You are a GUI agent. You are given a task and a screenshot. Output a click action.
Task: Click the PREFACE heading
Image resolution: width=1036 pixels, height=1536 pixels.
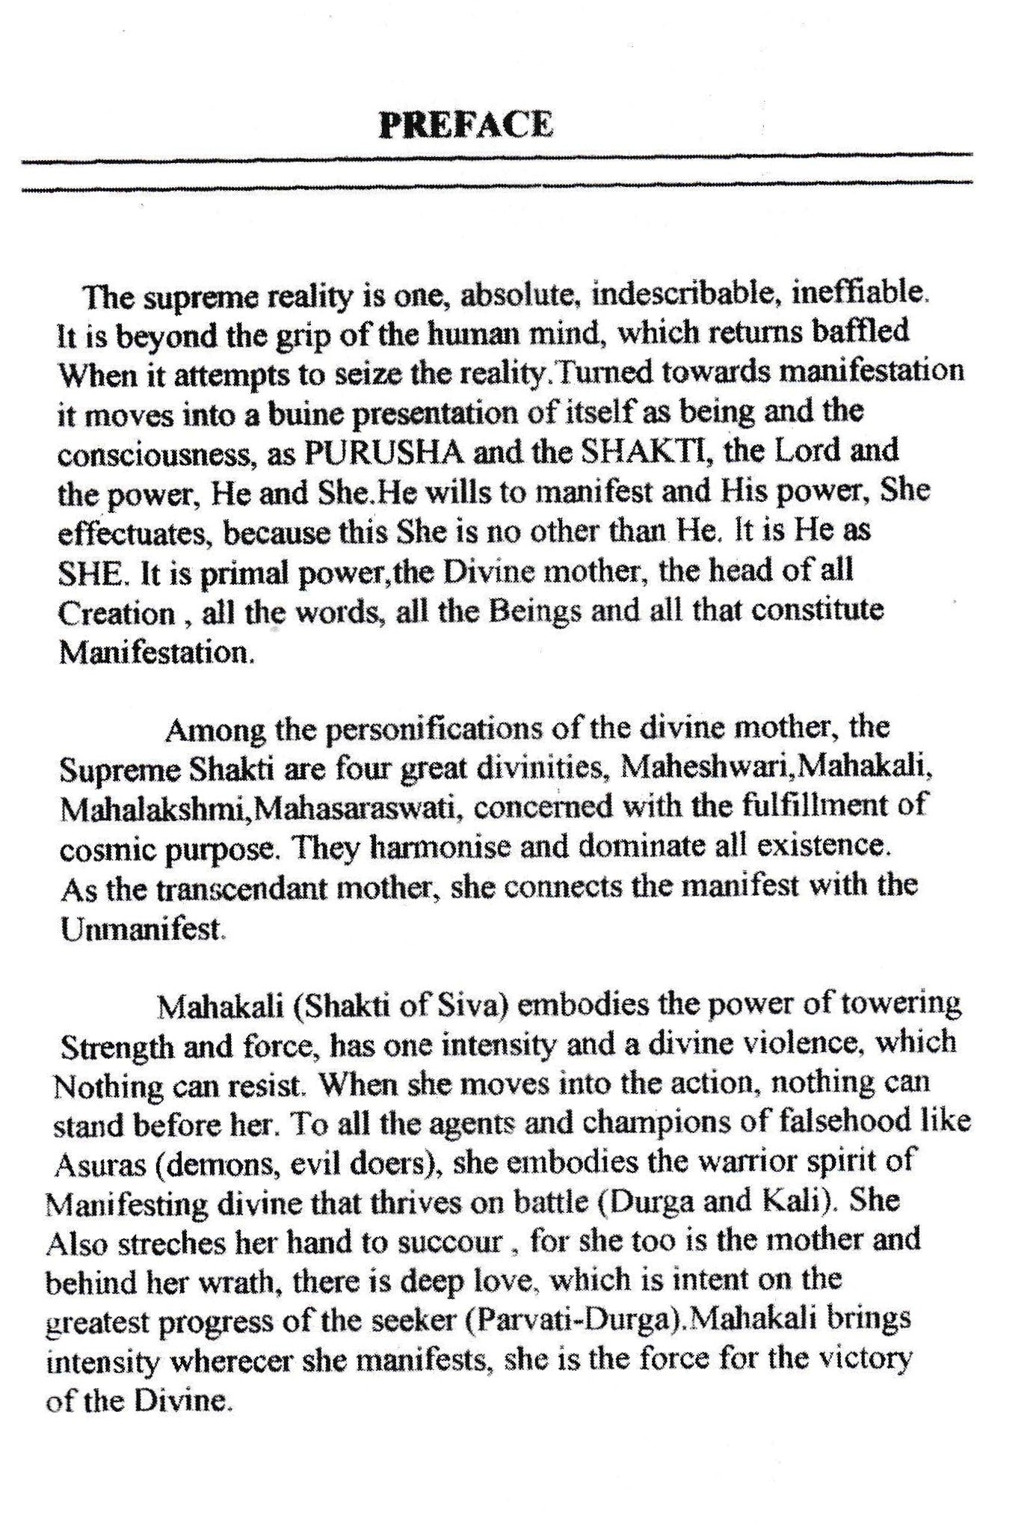(466, 125)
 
